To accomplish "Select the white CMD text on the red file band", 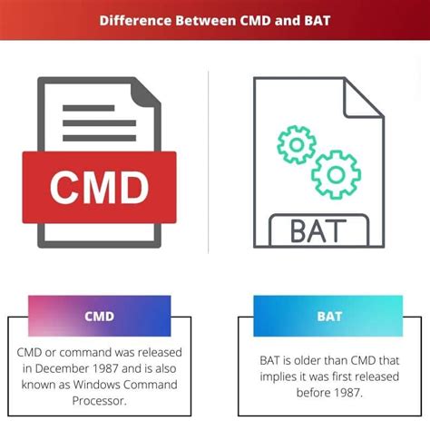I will point(99,189).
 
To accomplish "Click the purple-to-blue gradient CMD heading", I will point(99,317).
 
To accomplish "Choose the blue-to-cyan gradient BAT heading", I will point(328,317).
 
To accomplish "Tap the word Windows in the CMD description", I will point(95,384).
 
